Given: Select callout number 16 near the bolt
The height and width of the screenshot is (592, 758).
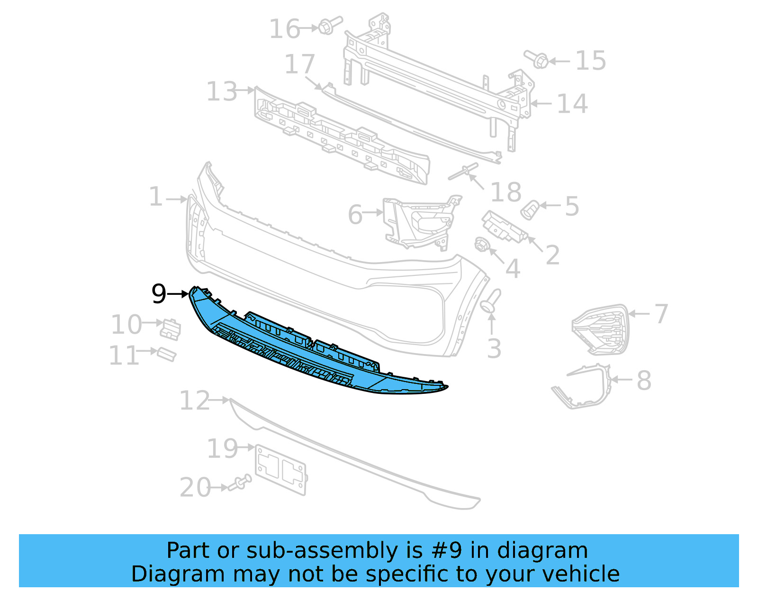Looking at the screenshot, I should [x=284, y=29].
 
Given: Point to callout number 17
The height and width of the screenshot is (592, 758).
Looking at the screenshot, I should [x=299, y=65].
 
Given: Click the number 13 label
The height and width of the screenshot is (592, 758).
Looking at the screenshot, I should [x=222, y=91].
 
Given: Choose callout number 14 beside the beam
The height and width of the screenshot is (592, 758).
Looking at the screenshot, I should [x=572, y=104].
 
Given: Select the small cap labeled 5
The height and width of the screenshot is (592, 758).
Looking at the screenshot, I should [x=529, y=209].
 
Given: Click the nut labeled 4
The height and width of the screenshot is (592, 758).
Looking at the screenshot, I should [x=481, y=245].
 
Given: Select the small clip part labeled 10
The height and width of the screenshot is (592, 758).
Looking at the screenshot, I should [x=171, y=329].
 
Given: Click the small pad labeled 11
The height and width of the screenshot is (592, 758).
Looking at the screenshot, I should [x=167, y=354].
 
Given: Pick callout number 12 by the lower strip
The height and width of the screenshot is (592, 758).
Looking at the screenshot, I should [x=194, y=401].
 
